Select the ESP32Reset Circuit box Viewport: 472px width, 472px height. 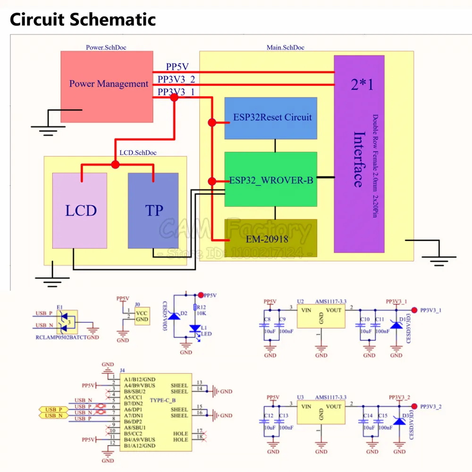270,118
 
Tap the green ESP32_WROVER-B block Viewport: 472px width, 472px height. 270,179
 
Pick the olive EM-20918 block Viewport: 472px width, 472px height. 270,238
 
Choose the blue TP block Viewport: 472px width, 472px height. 153,211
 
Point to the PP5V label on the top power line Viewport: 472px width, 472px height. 177,67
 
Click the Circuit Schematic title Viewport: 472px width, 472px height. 83,20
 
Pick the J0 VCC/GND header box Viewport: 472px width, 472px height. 141,316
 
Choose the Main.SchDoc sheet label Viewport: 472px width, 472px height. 286,48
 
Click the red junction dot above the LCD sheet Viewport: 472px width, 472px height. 115,164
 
